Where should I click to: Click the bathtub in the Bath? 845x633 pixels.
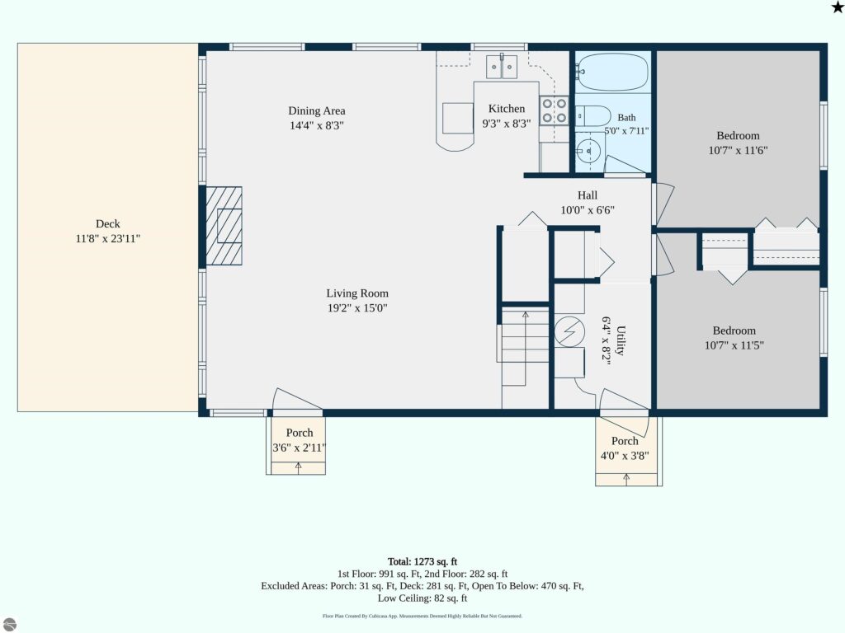[x=613, y=72]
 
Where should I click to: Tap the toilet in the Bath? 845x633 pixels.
[x=592, y=115]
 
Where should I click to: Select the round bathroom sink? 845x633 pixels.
[x=588, y=150]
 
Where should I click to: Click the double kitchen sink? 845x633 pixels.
[x=502, y=67]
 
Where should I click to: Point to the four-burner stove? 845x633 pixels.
[x=555, y=110]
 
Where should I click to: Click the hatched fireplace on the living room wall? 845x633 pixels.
[x=224, y=226]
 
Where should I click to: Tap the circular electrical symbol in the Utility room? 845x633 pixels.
[x=569, y=331]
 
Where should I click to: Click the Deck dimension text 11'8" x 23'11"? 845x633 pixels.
[x=108, y=238]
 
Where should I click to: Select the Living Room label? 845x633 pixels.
[x=357, y=293]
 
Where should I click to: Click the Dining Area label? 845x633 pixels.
[x=317, y=111]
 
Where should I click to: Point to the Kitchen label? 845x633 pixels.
[x=507, y=108]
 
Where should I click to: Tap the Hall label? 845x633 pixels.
[x=588, y=195]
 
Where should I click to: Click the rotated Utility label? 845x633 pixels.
[x=621, y=340]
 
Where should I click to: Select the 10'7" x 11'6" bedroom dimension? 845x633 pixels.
[x=738, y=150]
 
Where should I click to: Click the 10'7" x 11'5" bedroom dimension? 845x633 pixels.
[x=734, y=345]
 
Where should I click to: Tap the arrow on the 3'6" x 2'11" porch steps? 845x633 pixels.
[x=299, y=468]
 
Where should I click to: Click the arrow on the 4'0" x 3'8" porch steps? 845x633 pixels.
[x=626, y=479]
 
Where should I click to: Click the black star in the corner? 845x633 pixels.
[x=838, y=7]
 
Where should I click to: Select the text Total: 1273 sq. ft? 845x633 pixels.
[x=422, y=561]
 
